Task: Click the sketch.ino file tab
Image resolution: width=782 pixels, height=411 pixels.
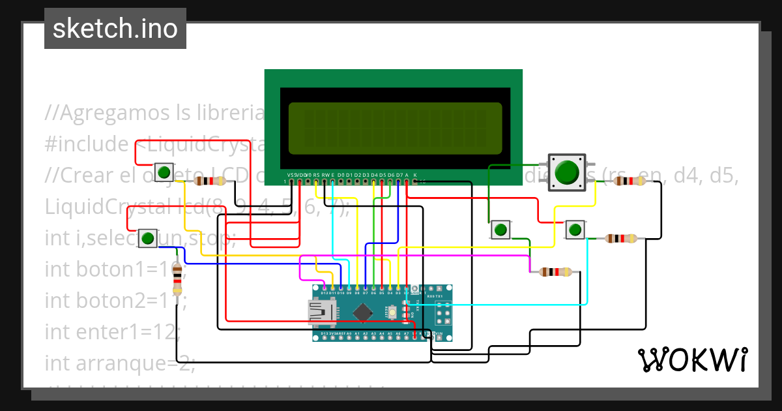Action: coord(115,29)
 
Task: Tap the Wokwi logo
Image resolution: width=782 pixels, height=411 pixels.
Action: coord(691,359)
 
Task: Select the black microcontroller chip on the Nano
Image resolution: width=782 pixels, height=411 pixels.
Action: coord(360,313)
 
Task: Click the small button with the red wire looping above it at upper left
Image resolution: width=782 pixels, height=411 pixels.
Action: coord(164,173)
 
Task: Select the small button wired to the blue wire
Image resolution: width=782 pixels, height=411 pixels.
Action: coord(148,237)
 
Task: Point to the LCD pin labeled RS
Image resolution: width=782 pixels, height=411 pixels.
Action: coord(316,181)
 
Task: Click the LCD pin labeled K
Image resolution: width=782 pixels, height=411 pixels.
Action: coord(414,181)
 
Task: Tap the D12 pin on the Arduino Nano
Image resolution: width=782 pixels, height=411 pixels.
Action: coord(325,288)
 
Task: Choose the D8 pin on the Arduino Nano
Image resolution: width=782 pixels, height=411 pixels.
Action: coord(357,288)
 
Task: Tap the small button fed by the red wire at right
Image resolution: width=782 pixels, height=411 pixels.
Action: coord(573,230)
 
